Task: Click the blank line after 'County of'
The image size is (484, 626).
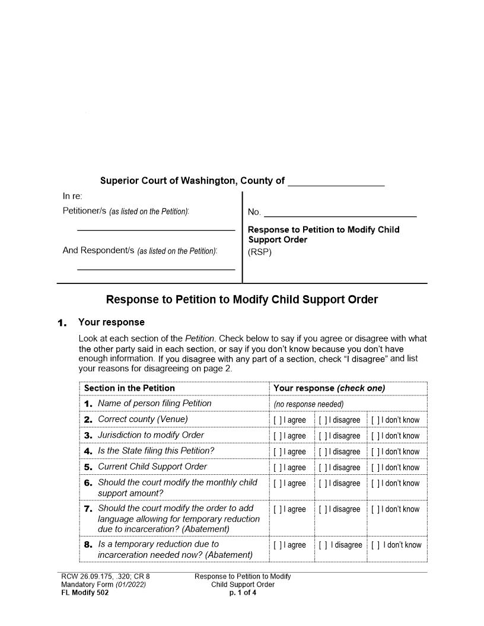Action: coord(336,183)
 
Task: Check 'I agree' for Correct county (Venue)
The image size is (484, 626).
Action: coord(276,420)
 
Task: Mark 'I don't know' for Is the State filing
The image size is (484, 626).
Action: coord(375,452)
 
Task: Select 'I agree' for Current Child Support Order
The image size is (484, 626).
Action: coord(276,468)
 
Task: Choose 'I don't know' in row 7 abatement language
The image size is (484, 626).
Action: coord(375,510)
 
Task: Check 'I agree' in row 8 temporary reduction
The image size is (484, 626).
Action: coord(276,545)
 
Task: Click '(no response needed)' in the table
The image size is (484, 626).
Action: coord(308,404)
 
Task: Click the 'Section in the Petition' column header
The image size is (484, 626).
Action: coord(129,388)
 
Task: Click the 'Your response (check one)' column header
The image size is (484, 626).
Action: coord(329,388)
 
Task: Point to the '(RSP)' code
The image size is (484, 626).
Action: coord(259,251)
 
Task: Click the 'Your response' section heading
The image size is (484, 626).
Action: coord(111,322)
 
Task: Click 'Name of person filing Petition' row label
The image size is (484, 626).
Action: coord(154,404)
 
